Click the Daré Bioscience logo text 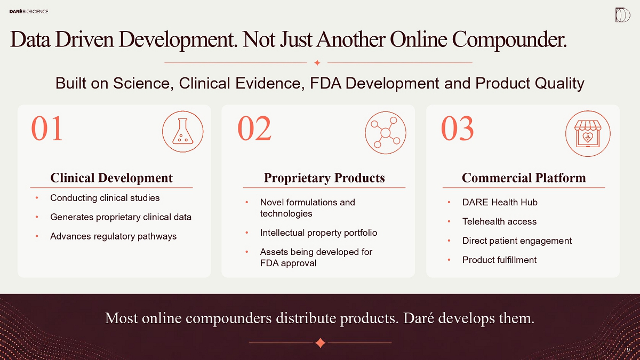pyautogui.click(x=29, y=11)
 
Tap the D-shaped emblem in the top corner pyautogui.click(x=622, y=15)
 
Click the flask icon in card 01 pyautogui.click(x=183, y=131)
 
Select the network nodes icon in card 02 pyautogui.click(x=386, y=133)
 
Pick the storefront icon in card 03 pyautogui.click(x=588, y=133)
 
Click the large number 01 pyautogui.click(x=47, y=129)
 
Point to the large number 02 pyautogui.click(x=254, y=129)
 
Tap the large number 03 pyautogui.click(x=458, y=129)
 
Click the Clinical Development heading pyautogui.click(x=111, y=178)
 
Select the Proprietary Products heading pyautogui.click(x=324, y=178)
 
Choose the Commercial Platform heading pyautogui.click(x=524, y=178)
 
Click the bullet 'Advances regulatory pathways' pyautogui.click(x=114, y=237)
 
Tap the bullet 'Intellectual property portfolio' pyautogui.click(x=318, y=233)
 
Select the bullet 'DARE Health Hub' pyautogui.click(x=500, y=202)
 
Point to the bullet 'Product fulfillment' pyautogui.click(x=499, y=260)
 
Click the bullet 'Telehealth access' pyautogui.click(x=499, y=221)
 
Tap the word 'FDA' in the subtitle pyautogui.click(x=325, y=83)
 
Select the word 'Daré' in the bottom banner pyautogui.click(x=419, y=318)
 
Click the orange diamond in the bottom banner pyautogui.click(x=321, y=343)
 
